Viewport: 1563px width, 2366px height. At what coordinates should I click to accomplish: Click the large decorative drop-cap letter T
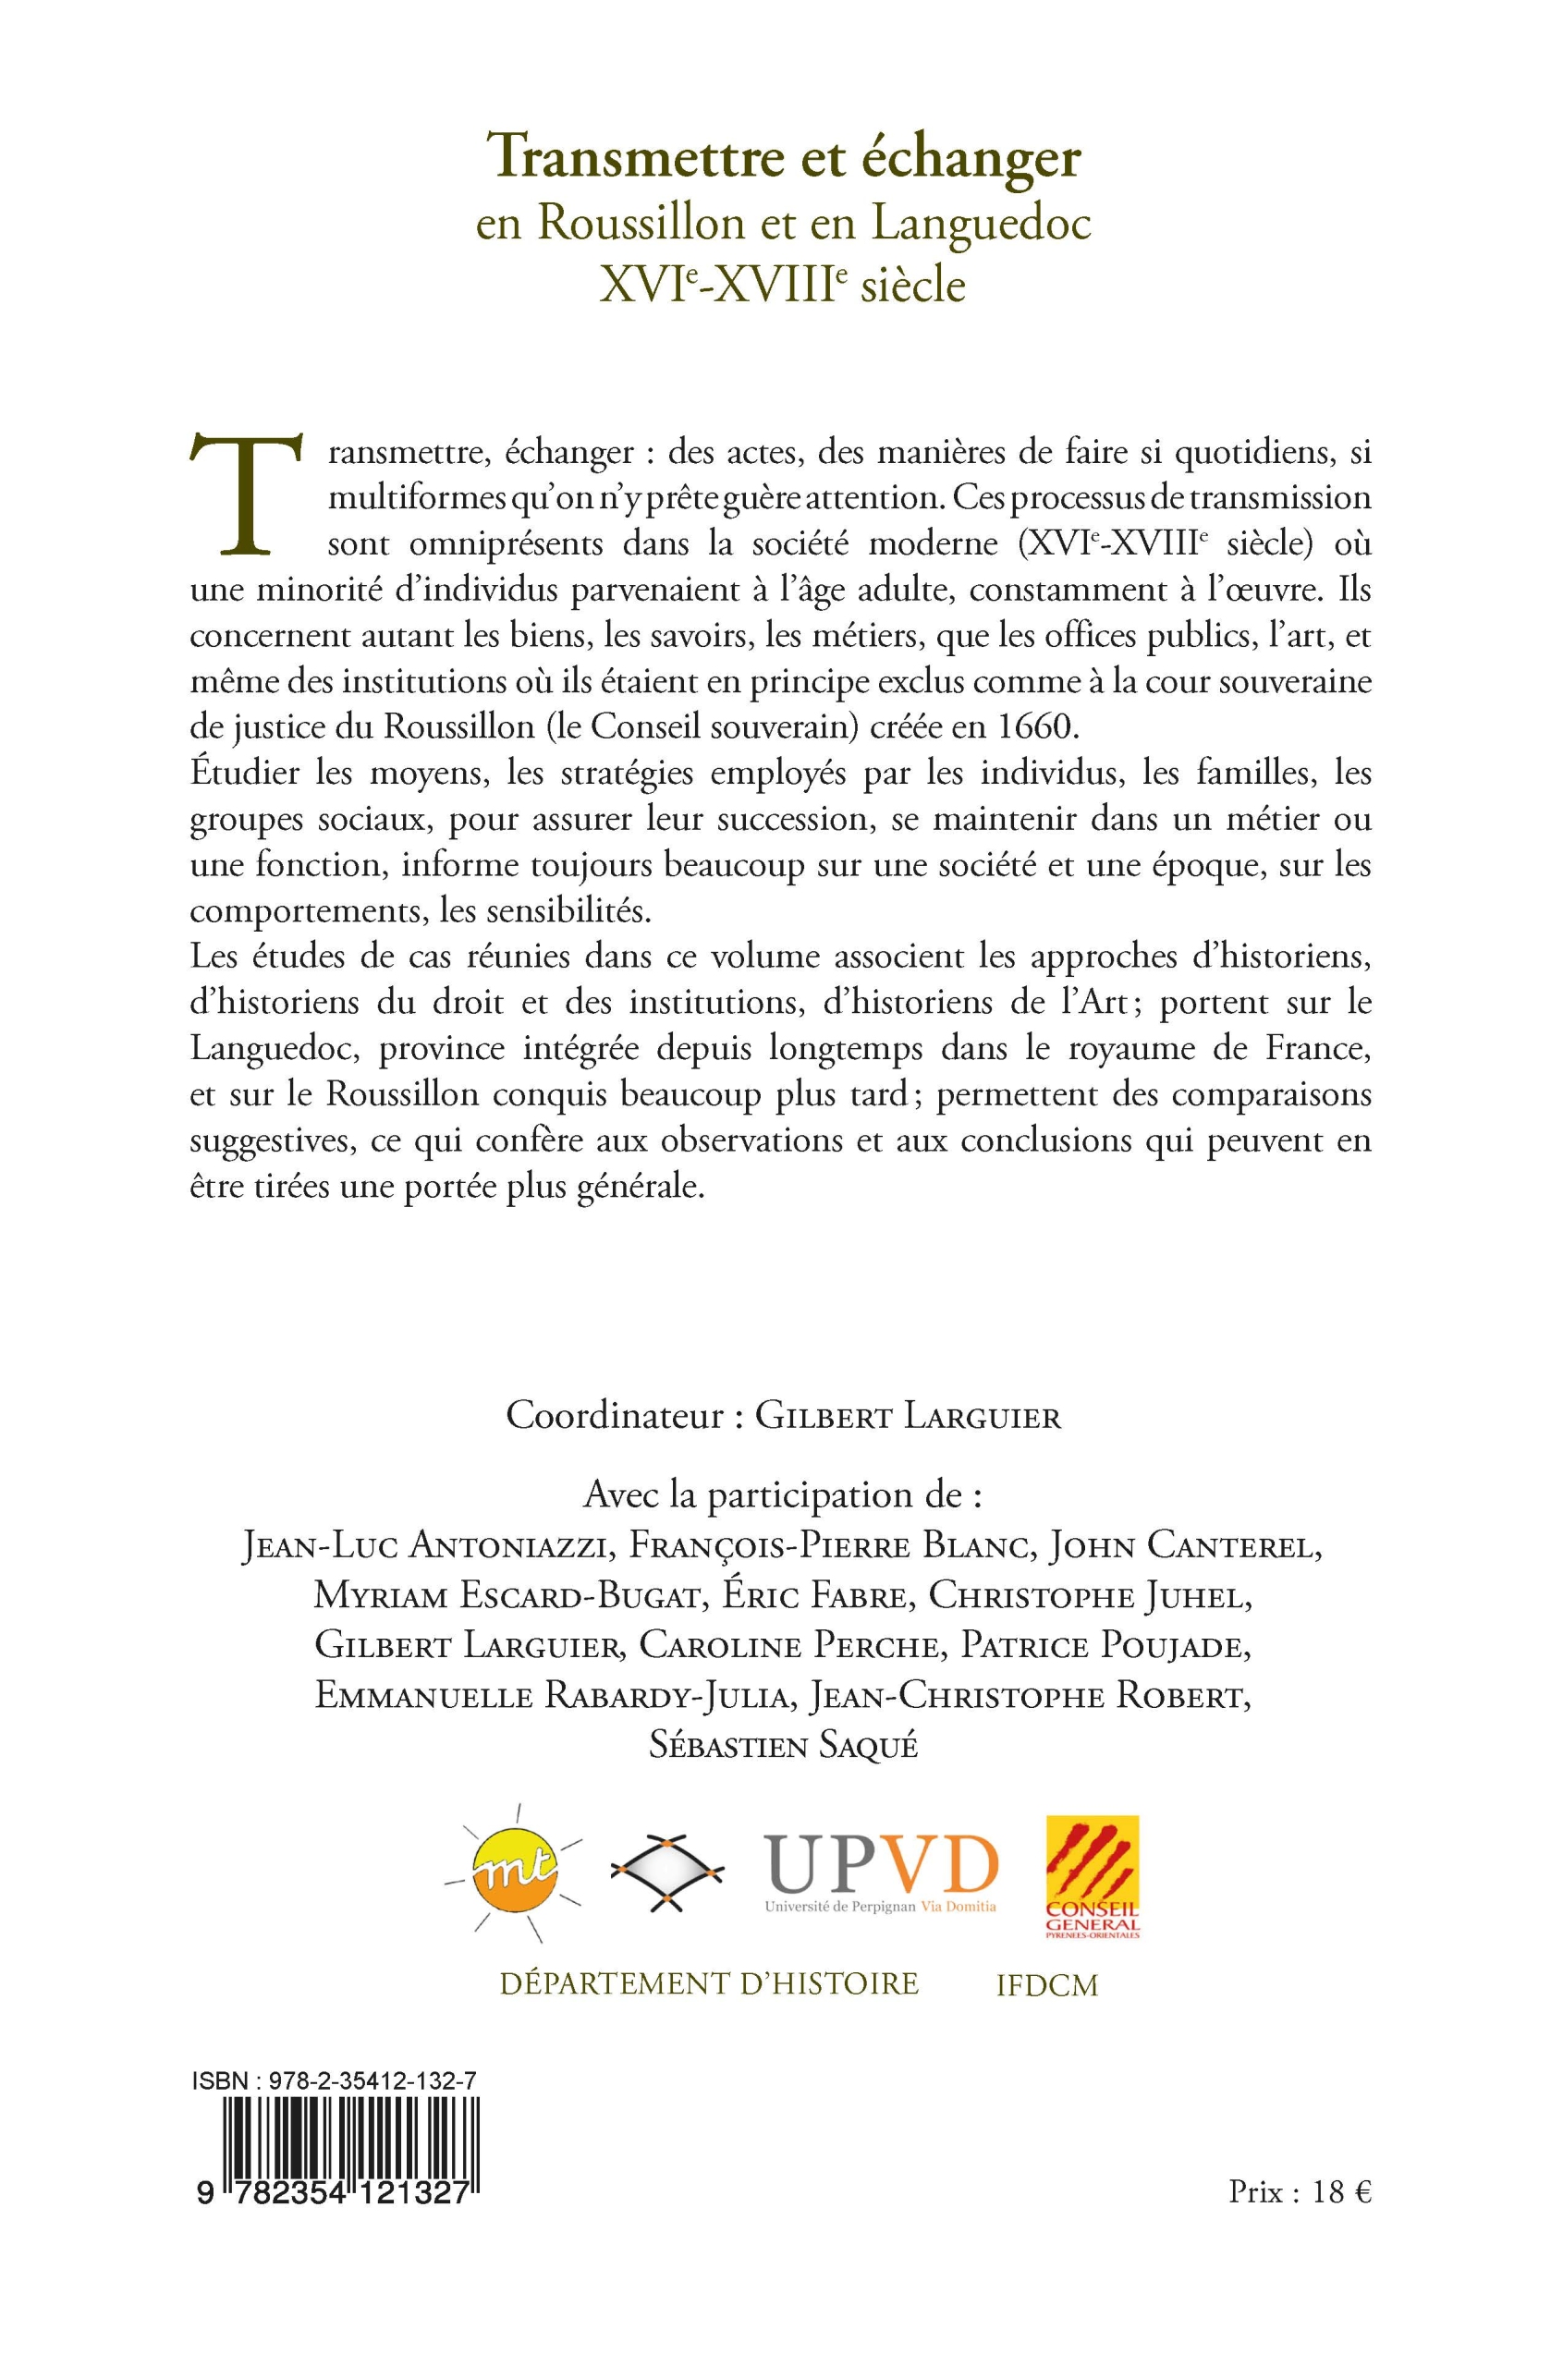(243, 494)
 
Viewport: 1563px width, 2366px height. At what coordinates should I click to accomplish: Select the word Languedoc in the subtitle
(982, 224)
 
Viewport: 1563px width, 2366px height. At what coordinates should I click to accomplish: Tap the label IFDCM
(1046, 1986)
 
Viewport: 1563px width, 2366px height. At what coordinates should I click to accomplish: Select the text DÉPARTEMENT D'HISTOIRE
(709, 1983)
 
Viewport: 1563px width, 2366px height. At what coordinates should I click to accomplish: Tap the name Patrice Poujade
(1105, 1646)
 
